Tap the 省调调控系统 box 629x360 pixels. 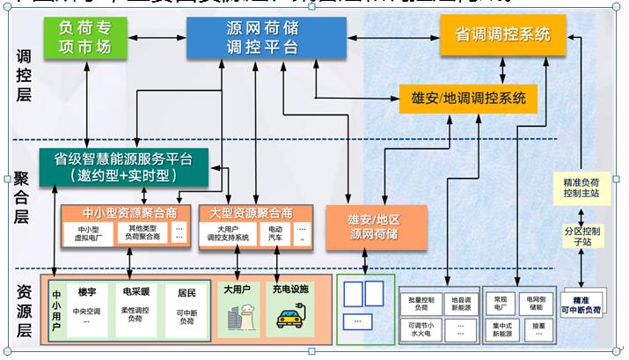coord(502,35)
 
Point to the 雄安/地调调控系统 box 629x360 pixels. coord(467,97)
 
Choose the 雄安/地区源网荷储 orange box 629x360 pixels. coord(376,225)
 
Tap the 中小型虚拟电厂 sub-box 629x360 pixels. coord(85,232)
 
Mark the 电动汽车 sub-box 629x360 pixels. coord(276,232)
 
